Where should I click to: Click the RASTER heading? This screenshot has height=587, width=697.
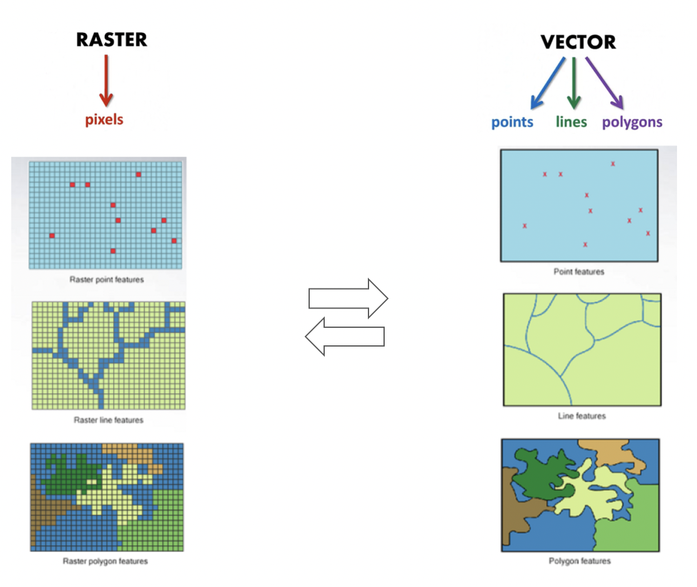(112, 39)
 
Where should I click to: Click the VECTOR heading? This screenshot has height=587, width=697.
(578, 42)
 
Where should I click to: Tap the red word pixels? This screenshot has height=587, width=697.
(104, 119)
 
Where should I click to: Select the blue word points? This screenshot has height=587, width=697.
(512, 122)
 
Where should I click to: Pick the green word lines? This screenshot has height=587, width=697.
(571, 122)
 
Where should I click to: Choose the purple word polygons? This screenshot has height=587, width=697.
(632, 122)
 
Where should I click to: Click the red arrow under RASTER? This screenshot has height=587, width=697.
(106, 81)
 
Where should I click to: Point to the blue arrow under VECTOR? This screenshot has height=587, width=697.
(548, 84)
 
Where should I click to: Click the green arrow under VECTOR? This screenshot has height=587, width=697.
(574, 83)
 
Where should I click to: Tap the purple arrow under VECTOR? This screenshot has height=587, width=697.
(605, 83)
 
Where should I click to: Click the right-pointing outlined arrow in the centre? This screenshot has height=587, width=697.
(348, 298)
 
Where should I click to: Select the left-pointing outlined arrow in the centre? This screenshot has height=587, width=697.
(345, 337)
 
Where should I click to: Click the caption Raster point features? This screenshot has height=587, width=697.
(107, 280)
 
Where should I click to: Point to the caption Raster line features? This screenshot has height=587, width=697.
(109, 420)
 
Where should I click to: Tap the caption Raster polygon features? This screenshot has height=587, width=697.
(106, 561)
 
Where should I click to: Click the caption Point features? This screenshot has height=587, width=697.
(579, 272)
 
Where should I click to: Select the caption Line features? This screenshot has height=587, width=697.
(582, 416)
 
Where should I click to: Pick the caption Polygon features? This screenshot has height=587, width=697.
(580, 561)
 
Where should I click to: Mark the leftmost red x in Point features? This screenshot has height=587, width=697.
(525, 225)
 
